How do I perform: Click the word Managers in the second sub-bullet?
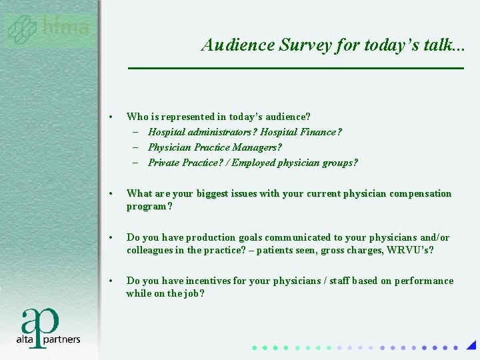(256, 147)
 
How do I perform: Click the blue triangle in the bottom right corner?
(471, 345)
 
